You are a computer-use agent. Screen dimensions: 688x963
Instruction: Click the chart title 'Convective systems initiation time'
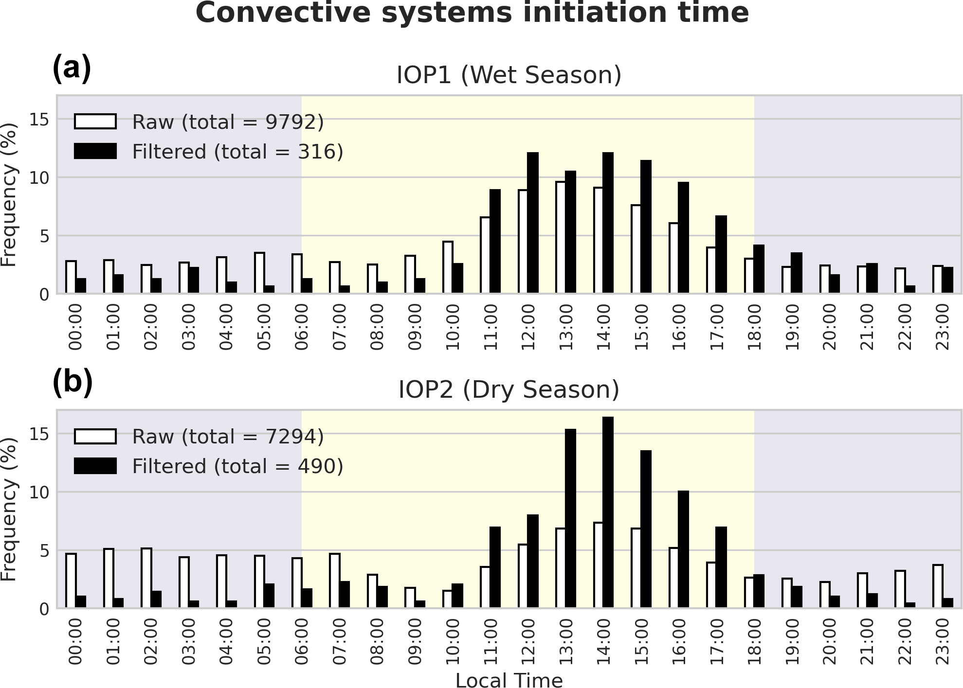tap(472, 13)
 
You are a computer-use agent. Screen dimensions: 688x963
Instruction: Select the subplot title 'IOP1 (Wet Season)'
tap(509, 75)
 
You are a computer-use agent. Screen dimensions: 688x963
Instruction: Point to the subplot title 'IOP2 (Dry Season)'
tap(509, 390)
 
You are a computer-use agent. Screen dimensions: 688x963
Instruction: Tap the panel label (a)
tap(72, 68)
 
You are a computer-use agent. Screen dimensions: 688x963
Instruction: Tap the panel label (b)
tap(73, 382)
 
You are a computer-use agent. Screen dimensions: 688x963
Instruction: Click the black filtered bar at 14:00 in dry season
tap(608, 512)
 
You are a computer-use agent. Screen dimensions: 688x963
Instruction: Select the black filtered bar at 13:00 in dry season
tap(570, 518)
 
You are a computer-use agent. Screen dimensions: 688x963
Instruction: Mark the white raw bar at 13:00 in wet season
tap(561, 237)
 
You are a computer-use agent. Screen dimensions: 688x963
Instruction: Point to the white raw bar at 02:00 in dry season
tap(146, 578)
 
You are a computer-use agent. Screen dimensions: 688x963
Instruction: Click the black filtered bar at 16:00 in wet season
tap(683, 238)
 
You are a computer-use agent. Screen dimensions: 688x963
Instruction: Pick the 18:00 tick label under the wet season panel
tap(754, 327)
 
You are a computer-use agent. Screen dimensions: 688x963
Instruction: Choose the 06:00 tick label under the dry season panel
tap(302, 641)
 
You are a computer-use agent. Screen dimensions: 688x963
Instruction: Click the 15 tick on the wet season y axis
tap(39, 120)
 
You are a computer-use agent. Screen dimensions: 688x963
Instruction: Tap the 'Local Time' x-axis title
tap(509, 680)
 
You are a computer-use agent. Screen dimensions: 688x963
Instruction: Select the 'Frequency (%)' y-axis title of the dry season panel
tap(9, 509)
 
